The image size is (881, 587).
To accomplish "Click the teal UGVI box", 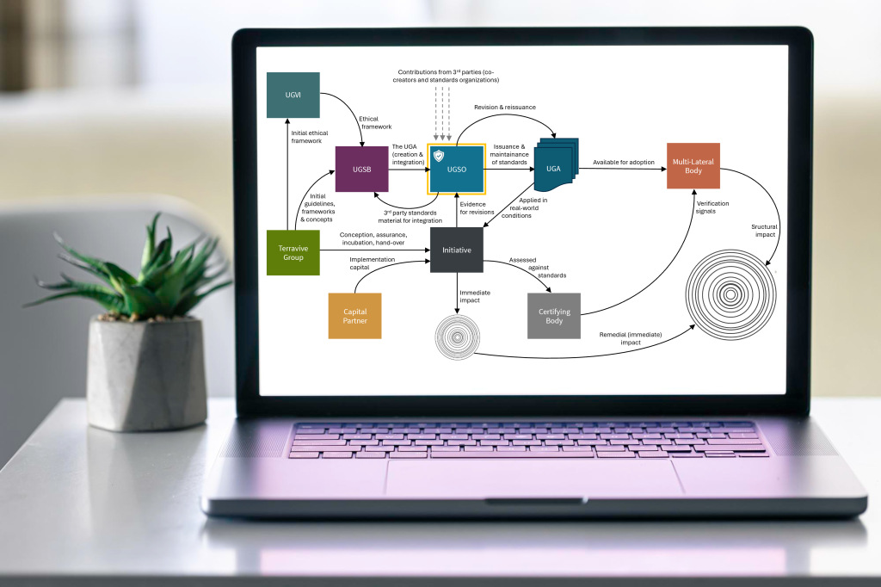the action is [293, 95].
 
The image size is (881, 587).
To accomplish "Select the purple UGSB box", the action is [362, 169].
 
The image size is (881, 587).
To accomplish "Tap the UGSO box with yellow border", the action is [456, 169].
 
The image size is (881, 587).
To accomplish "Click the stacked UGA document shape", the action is [556, 165].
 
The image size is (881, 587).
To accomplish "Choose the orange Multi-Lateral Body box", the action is [693, 166].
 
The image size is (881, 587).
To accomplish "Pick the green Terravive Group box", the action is [293, 252].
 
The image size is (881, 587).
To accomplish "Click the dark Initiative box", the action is [456, 250].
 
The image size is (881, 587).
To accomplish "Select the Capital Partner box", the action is [354, 315].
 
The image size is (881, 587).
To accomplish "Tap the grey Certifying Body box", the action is [554, 315].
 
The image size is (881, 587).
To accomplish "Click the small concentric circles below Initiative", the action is [458, 337].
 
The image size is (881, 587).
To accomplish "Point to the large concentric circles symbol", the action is [730, 294].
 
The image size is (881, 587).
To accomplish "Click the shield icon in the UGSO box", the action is [439, 155].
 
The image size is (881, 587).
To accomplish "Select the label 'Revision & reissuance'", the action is [504, 107].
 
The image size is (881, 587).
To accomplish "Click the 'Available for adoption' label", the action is [624, 162].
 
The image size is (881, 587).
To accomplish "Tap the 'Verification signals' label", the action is [712, 207].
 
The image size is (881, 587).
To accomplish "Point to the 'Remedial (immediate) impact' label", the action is [631, 338].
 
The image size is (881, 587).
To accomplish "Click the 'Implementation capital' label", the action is [372, 263].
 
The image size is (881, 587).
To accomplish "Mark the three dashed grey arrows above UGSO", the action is [442, 113].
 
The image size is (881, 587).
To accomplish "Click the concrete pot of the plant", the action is [146, 373].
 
